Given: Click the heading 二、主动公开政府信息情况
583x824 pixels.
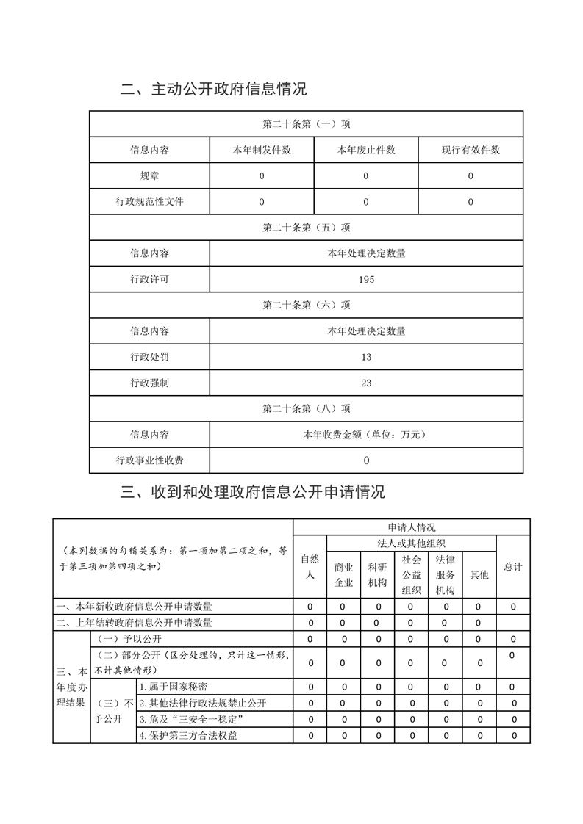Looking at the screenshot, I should point(213,90).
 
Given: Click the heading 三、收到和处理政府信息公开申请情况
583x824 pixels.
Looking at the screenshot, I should point(252,491).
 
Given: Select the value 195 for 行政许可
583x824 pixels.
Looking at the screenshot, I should point(366,279).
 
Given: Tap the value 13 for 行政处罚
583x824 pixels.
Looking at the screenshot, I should point(366,357).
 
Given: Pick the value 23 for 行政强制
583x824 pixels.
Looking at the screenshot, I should point(366,383).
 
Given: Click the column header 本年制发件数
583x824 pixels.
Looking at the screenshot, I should point(262,150).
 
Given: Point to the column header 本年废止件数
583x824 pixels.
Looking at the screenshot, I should point(366,150).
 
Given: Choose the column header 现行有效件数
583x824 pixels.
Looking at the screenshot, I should point(471,150).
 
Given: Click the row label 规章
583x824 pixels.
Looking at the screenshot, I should point(149,176).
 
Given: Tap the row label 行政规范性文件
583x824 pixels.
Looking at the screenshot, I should point(149,201).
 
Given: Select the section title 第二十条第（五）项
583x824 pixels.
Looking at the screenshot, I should point(306,227).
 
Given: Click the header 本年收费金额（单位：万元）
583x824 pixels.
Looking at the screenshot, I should point(366,434).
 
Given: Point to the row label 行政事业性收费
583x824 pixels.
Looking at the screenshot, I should point(149,460).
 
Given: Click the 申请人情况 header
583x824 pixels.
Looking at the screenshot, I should point(411,527).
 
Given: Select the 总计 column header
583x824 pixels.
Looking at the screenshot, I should point(513,567).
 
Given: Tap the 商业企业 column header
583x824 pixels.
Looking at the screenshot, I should point(343,574).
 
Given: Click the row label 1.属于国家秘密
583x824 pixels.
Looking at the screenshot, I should point(174,687).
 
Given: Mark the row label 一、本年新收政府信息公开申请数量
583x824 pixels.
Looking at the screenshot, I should point(134,607).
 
